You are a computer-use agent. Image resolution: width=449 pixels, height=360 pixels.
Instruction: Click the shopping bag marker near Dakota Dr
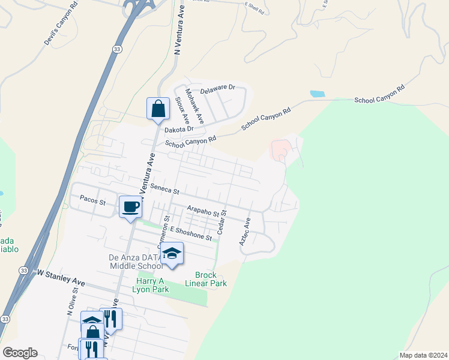[x=158, y=109]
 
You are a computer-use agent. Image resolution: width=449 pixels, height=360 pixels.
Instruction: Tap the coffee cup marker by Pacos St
[x=131, y=207]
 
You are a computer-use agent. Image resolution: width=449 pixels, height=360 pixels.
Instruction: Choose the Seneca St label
[x=164, y=189]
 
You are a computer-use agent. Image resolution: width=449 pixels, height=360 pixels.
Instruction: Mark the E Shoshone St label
[x=191, y=234]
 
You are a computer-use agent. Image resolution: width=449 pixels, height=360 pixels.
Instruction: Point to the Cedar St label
[x=221, y=221]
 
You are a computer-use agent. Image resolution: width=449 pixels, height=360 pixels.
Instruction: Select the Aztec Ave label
[x=244, y=231]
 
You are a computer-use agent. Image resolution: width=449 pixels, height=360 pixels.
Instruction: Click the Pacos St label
[x=92, y=200]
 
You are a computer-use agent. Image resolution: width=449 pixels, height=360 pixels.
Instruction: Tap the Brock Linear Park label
[x=206, y=279]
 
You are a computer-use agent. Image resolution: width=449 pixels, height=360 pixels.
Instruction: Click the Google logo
[x=20, y=353]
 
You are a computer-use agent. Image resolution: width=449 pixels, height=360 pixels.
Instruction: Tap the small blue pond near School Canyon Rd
[x=317, y=94]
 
